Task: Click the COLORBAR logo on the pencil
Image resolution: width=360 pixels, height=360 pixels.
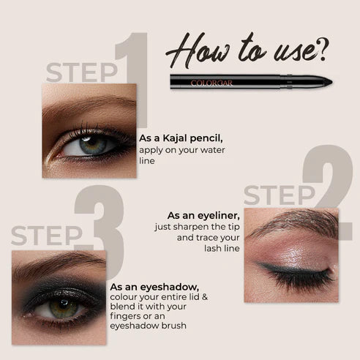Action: pyautogui.click(x=211, y=83)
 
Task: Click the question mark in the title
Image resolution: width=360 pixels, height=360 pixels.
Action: pyautogui.click(x=323, y=50)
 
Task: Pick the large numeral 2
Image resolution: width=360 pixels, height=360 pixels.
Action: pyautogui.click(x=328, y=192)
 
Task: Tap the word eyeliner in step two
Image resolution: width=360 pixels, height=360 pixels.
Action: pyautogui.click(x=219, y=216)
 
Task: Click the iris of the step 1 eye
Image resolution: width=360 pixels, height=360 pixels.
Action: pyautogui.click(x=92, y=146)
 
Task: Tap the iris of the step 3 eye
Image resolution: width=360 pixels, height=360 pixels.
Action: pyautogui.click(x=64, y=308)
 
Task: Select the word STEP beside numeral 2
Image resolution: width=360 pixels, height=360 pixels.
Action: pyautogui.click(x=280, y=195)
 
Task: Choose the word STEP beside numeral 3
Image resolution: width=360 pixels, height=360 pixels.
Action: pyautogui.click(x=47, y=236)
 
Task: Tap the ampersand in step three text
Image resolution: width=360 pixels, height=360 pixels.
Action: pyautogui.click(x=205, y=297)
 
